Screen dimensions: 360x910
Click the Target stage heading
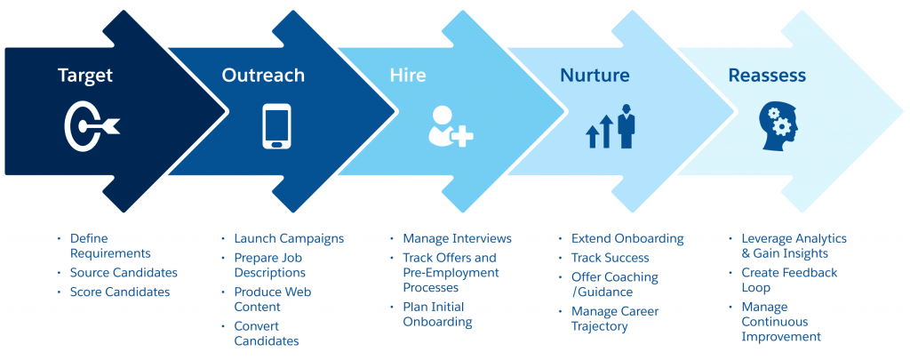85,76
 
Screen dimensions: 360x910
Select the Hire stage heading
408,76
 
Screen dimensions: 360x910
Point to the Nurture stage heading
595,76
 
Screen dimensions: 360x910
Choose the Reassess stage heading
767,76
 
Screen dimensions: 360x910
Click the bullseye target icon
90,127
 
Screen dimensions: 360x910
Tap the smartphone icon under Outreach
276,126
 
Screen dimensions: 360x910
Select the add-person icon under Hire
449,126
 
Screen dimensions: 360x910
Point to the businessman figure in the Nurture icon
627,126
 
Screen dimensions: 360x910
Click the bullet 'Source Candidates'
124,273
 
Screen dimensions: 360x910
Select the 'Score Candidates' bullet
119,292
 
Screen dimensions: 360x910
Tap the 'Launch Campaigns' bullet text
289,238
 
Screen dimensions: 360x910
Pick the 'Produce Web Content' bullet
273,300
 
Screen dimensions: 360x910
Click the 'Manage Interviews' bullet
457,238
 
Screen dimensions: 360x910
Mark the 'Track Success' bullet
610,258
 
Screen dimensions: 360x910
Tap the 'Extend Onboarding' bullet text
627,238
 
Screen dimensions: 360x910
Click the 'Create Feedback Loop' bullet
789,280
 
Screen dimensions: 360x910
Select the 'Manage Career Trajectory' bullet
614,318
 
